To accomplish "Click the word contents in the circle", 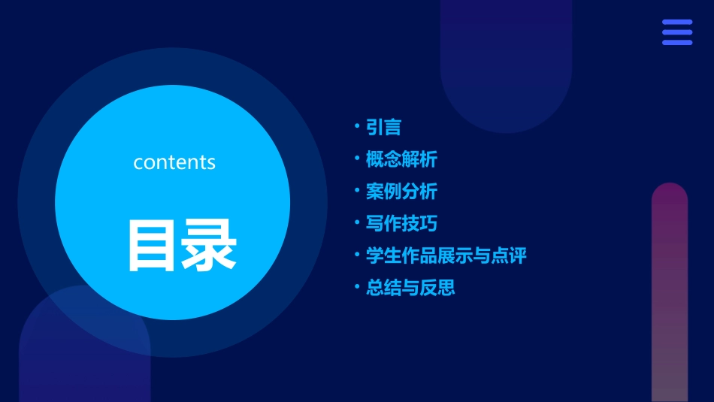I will [x=174, y=162].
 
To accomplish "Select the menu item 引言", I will [x=383, y=127].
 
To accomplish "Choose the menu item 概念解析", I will [x=401, y=159].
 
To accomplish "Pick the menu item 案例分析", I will [x=401, y=192].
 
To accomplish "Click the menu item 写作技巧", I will [x=401, y=223].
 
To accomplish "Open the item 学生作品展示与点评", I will [x=446, y=255].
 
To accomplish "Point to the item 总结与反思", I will [x=410, y=288].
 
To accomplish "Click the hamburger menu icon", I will [x=677, y=32].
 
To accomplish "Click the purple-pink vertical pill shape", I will [x=670, y=293].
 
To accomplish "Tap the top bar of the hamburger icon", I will [x=677, y=23].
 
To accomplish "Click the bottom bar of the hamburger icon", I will [x=677, y=42].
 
